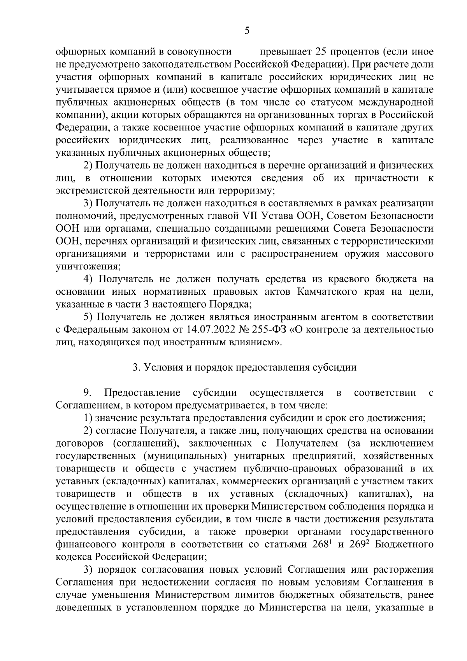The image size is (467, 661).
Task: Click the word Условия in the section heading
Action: tap(163, 367)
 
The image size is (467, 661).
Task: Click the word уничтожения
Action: tap(87, 267)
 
